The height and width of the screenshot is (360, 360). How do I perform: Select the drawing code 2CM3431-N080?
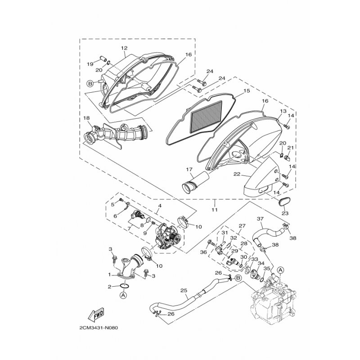pyautogui.click(x=99, y=328)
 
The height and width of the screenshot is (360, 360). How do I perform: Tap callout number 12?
pyautogui.click(x=124, y=49)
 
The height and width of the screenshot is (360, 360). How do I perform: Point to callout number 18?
pyautogui.click(x=86, y=118)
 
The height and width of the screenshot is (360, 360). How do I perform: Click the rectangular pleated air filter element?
pyautogui.click(x=206, y=117)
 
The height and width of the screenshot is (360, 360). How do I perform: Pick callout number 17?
pyautogui.click(x=189, y=170)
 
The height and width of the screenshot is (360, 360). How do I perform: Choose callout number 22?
pyautogui.click(x=237, y=174)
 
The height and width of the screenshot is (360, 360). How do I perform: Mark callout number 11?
pyautogui.click(x=215, y=210)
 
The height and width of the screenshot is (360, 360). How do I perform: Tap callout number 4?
pyautogui.click(x=160, y=206)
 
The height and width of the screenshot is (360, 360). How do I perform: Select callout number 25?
pyautogui.click(x=184, y=290)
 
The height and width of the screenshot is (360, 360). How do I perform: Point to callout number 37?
pyautogui.click(x=261, y=219)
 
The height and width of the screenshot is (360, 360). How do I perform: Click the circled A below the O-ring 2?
pyautogui.click(x=123, y=296)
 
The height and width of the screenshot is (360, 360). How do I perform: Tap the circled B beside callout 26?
pyautogui.click(x=238, y=278)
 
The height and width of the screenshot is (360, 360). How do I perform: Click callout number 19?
pyautogui.click(x=90, y=64)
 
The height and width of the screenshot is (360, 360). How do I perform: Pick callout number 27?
pyautogui.click(x=242, y=226)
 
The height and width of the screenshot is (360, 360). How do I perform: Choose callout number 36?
pyautogui.click(x=203, y=252)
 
